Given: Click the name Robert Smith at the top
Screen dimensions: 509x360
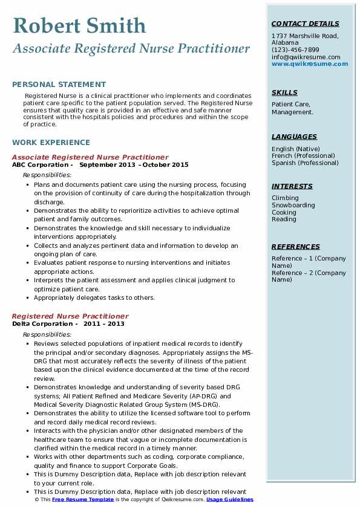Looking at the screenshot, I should [x=79, y=26].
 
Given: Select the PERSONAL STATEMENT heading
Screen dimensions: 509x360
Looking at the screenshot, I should [x=59, y=85].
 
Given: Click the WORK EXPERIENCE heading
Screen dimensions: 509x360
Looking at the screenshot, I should [x=51, y=143].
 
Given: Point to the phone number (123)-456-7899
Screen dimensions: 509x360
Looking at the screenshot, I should [x=295, y=50].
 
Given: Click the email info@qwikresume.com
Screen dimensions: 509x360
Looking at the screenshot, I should [x=306, y=57].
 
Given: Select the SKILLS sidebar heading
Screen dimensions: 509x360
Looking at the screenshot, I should [x=284, y=92].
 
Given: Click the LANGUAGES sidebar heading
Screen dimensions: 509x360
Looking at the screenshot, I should [x=294, y=137].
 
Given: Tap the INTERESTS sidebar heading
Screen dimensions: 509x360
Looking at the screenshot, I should [x=292, y=186].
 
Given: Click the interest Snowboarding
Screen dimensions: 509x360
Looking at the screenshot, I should [x=293, y=205].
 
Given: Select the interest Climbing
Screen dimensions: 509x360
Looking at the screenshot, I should [x=285, y=198].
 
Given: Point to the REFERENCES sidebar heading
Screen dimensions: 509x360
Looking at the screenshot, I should [x=296, y=247].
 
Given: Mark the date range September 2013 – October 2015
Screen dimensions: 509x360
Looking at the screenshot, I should [x=134, y=164].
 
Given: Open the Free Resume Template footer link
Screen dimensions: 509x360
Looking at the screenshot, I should [x=83, y=500].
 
